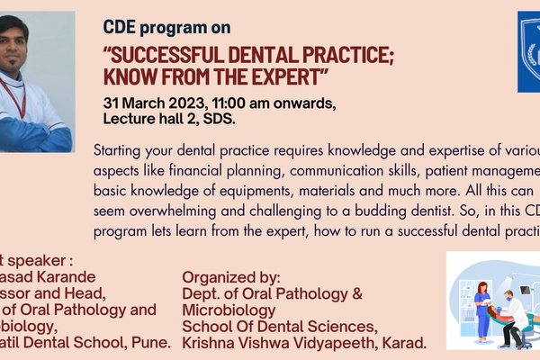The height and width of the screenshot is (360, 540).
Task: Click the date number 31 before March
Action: pyautogui.click(x=112, y=101)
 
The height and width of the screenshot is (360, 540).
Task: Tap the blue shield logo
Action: pyautogui.click(x=529, y=52)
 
